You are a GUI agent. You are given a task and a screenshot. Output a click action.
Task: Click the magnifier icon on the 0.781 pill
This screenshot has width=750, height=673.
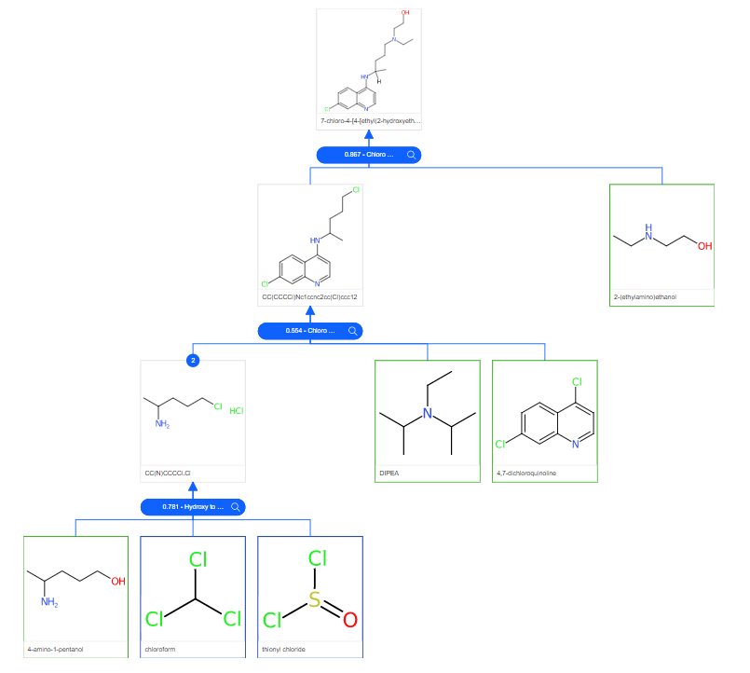pos(237,507)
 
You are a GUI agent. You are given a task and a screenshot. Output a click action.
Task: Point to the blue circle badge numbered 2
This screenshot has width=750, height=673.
pos(193,360)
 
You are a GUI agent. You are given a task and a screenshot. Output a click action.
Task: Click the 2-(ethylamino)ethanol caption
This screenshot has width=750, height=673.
pos(646,297)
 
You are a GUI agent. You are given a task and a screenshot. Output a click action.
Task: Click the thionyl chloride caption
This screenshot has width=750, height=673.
pos(283,649)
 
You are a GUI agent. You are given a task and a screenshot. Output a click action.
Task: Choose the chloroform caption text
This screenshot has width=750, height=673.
pos(160,649)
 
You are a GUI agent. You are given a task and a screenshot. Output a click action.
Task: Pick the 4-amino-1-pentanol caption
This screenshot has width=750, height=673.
pos(55,649)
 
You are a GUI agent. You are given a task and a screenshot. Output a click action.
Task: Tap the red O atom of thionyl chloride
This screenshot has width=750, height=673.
pos(349,619)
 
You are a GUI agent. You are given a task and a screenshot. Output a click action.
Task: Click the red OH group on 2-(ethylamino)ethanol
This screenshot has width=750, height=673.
pos(703,247)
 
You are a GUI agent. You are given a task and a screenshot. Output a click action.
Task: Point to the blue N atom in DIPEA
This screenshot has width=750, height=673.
pos(427,414)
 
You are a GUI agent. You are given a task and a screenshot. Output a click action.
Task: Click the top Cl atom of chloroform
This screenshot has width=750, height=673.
pos(197,560)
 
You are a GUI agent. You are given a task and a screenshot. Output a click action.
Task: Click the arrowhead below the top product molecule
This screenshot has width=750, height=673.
pos(369,136)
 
